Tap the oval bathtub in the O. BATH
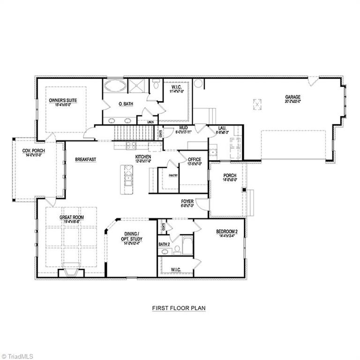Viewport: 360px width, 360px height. [115, 86]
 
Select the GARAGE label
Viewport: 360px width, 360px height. [292, 97]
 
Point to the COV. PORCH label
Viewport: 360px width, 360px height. [32, 150]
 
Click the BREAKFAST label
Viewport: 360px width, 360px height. [85, 159]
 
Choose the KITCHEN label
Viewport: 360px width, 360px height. [143, 157]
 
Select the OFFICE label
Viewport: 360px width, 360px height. [195, 159]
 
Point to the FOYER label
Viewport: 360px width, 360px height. [187, 202]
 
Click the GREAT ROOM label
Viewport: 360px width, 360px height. [71, 217]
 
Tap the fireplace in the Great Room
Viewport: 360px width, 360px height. [71, 272]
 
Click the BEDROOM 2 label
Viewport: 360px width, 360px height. [227, 232]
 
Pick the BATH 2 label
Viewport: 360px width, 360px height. [164, 244]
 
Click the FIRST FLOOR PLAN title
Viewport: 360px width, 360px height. [179, 308]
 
